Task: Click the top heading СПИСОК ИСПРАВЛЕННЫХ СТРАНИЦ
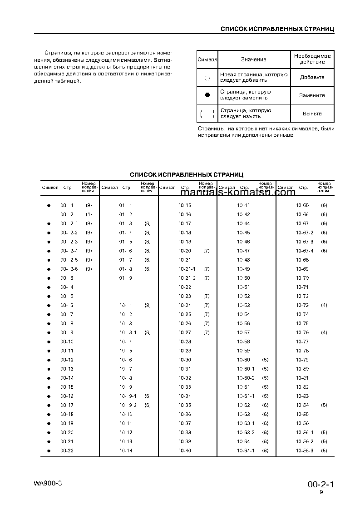(277, 29)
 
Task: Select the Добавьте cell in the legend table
(312, 77)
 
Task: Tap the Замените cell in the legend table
(312, 95)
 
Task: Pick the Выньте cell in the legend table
(312, 114)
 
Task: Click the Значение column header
(254, 59)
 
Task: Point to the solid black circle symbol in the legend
(207, 95)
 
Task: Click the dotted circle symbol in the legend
(207, 78)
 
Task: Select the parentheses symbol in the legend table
(207, 114)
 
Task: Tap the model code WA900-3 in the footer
(48, 483)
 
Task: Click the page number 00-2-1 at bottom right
(321, 485)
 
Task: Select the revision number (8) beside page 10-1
(148, 305)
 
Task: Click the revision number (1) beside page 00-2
(89, 214)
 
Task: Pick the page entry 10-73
(302, 305)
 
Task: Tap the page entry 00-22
(67, 451)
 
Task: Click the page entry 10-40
(185, 451)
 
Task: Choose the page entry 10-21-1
(187, 269)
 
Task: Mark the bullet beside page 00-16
(49, 396)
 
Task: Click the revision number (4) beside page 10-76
(324, 332)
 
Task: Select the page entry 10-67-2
(305, 233)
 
